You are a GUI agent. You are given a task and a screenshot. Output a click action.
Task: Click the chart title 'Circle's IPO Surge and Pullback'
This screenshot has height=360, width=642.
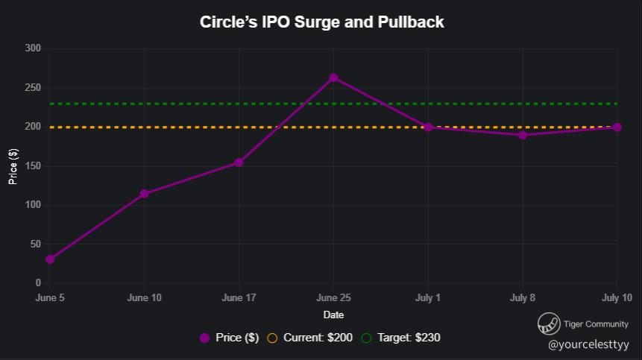tap(321, 22)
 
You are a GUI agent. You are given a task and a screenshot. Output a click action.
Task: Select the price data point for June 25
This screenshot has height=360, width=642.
tap(333, 78)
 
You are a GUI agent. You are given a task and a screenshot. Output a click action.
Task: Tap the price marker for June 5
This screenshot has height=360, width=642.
tap(50, 259)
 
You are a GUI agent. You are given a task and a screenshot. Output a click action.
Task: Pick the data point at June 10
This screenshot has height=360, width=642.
tap(144, 194)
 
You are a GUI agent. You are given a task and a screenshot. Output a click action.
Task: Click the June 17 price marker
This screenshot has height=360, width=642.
tap(239, 162)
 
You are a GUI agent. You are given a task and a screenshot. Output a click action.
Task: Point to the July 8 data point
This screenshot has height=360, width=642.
tap(523, 135)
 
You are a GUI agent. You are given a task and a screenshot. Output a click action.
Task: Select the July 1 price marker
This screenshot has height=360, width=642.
tap(428, 127)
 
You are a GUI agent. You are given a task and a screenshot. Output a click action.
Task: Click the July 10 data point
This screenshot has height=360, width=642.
tap(617, 127)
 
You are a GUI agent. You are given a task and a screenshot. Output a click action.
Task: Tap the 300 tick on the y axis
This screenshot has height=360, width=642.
tap(33, 49)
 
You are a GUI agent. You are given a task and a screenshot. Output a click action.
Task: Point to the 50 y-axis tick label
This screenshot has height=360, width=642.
tap(35, 244)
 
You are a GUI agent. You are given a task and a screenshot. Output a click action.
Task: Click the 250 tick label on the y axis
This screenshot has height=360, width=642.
tap(33, 88)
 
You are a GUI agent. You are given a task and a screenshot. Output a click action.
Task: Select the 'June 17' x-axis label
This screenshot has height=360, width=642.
tap(239, 298)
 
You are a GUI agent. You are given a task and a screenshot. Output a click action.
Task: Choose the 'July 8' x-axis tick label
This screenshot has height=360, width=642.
tap(523, 298)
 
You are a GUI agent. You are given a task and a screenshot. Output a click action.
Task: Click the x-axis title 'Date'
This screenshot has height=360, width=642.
tap(333, 315)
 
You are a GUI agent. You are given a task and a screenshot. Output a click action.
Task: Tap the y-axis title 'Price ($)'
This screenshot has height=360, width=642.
tap(13, 166)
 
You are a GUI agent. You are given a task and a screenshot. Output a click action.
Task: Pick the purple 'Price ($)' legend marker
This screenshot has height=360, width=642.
tap(205, 338)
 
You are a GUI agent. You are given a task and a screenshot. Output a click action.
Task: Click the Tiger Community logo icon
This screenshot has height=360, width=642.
tap(549, 324)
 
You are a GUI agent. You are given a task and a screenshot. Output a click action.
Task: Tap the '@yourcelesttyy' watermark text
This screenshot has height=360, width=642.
tap(588, 345)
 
